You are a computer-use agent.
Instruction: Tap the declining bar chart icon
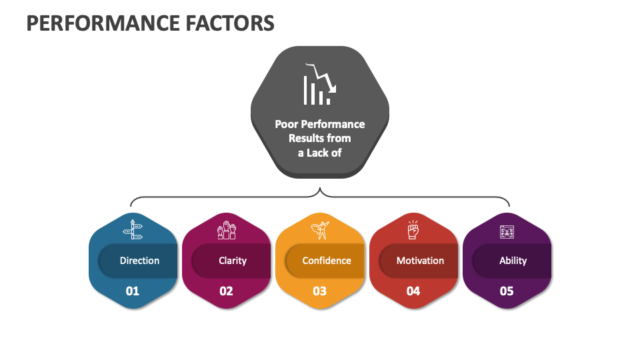click(x=319, y=84)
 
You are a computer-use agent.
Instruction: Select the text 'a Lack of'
click(x=319, y=153)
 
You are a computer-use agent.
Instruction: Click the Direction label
click(x=139, y=261)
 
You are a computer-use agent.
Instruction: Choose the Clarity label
click(x=233, y=261)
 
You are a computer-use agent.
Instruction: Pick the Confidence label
click(x=326, y=261)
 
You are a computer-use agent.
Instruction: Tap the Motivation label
click(x=420, y=261)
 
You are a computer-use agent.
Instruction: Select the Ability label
click(x=513, y=261)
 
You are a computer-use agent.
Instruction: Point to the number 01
click(x=133, y=291)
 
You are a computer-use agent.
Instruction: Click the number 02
click(x=226, y=291)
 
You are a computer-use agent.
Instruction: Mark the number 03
click(x=320, y=291)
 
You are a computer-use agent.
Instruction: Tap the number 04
click(x=413, y=291)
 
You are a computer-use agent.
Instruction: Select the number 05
click(x=507, y=291)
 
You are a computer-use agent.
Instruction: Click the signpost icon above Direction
click(x=133, y=230)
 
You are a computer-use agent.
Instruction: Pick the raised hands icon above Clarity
click(x=226, y=231)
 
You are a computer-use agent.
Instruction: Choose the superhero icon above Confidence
click(x=320, y=231)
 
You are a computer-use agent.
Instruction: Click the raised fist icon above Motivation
click(x=413, y=230)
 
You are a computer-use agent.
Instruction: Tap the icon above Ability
click(x=507, y=231)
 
